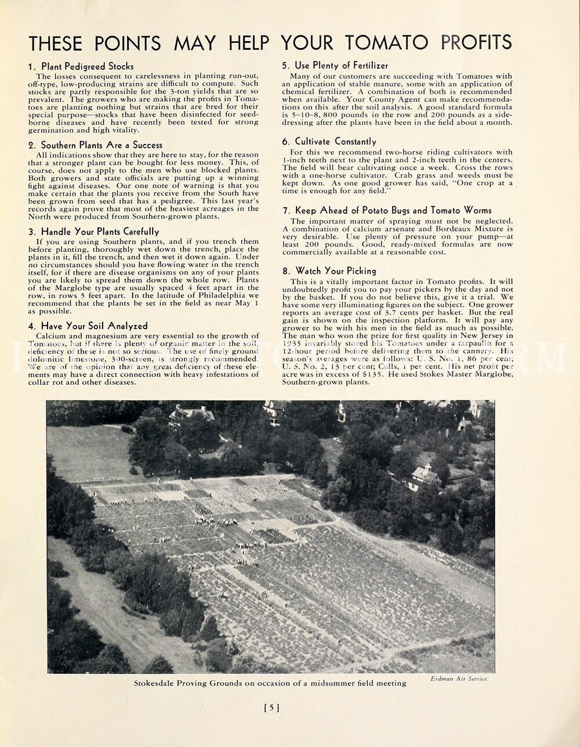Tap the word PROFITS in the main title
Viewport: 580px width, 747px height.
coord(476,42)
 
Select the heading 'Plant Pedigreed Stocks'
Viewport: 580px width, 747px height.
coord(87,66)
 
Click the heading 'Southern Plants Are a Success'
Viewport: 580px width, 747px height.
coord(101,145)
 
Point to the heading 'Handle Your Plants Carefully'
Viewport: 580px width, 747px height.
coord(100,232)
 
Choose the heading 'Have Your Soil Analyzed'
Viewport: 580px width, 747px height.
coord(94,326)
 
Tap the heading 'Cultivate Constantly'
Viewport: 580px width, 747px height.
coord(335,142)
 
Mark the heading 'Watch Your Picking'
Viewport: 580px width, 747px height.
coord(335,271)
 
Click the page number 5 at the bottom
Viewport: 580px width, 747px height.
coord(272,708)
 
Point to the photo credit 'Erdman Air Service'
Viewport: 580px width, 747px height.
coord(459,679)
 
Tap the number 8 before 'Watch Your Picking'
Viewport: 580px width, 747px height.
coord(285,271)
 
